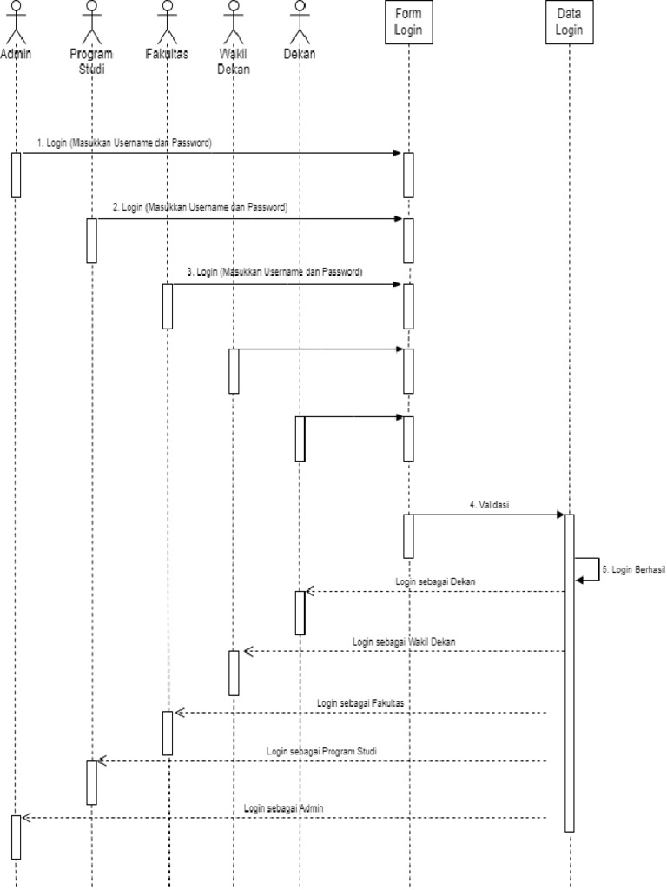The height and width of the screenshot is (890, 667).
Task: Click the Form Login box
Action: pos(408,21)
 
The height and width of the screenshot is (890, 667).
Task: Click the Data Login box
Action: pos(570,21)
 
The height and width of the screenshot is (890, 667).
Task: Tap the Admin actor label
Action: pos(16,54)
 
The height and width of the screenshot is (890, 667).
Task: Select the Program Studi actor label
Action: pos(91,62)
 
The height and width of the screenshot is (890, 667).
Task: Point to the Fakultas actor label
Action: pos(167,54)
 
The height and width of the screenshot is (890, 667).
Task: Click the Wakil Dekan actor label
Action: pos(233,62)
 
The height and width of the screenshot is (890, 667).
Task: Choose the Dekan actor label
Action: pos(300,54)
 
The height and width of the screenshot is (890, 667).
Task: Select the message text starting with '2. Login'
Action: pos(200,208)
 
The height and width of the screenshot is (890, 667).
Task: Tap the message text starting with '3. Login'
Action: pos(275,272)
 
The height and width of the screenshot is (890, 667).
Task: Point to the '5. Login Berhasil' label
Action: pos(634,569)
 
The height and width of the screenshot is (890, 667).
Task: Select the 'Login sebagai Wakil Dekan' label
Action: pos(405,641)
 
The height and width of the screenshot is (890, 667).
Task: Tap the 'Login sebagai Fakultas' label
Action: pos(360,702)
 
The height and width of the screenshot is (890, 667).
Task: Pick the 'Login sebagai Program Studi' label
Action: pos(321,750)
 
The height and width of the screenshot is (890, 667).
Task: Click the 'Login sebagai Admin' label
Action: pos(285,807)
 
